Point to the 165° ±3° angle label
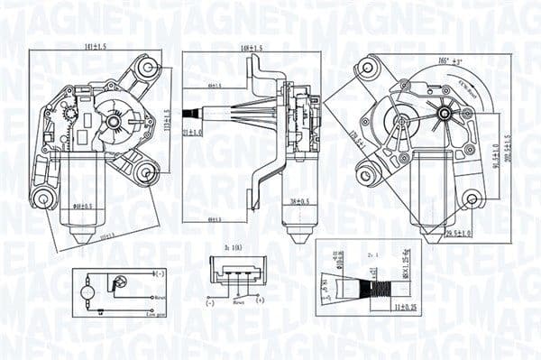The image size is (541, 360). click(x=425, y=60)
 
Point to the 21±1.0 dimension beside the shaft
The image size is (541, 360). click(x=188, y=132)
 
